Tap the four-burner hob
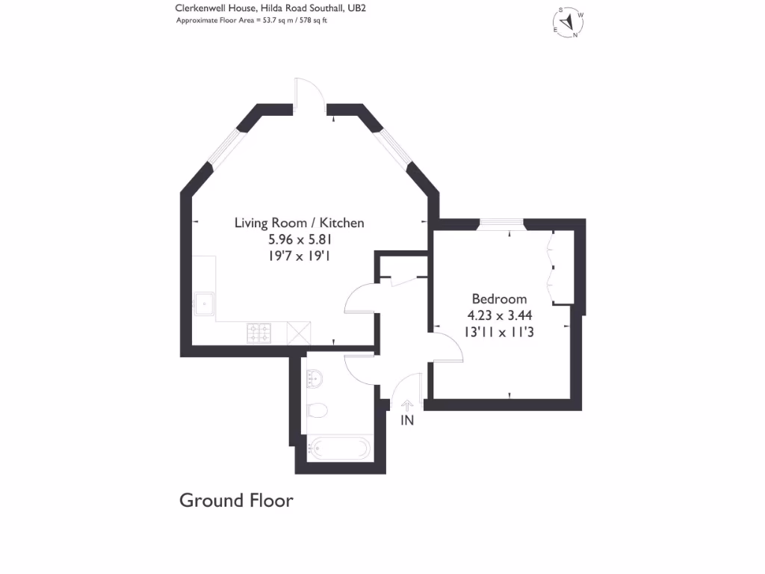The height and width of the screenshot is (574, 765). pyautogui.click(x=258, y=333)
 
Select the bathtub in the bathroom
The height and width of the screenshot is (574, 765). pyautogui.click(x=339, y=448)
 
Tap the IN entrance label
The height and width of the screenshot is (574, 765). pyautogui.click(x=407, y=420)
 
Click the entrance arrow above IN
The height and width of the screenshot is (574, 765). pyautogui.click(x=407, y=404)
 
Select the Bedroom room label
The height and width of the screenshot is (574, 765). pyautogui.click(x=499, y=299)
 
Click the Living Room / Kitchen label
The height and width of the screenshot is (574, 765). pyautogui.click(x=299, y=223)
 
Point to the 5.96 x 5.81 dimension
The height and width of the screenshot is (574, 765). pyautogui.click(x=299, y=240)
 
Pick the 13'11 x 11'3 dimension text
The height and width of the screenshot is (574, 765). pyautogui.click(x=499, y=333)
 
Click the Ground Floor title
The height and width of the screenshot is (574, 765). pyautogui.click(x=236, y=500)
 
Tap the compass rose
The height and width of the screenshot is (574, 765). pyautogui.click(x=569, y=22)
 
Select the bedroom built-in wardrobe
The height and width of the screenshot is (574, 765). pyautogui.click(x=562, y=268)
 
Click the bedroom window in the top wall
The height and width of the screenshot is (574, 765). pyautogui.click(x=501, y=223)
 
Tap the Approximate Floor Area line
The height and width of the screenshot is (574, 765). pyautogui.click(x=252, y=20)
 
